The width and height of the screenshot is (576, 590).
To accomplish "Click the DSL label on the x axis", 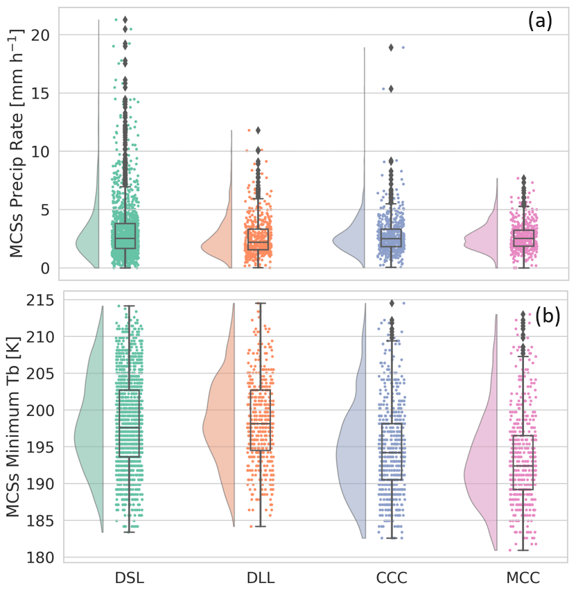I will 130,577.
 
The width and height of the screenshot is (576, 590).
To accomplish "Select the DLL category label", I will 260,577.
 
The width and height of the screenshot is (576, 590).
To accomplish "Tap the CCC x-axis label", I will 392,577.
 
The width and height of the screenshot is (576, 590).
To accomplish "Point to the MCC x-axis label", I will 523,577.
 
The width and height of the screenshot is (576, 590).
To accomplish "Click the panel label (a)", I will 539,21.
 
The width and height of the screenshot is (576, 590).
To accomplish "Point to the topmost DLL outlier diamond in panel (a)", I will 259,130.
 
